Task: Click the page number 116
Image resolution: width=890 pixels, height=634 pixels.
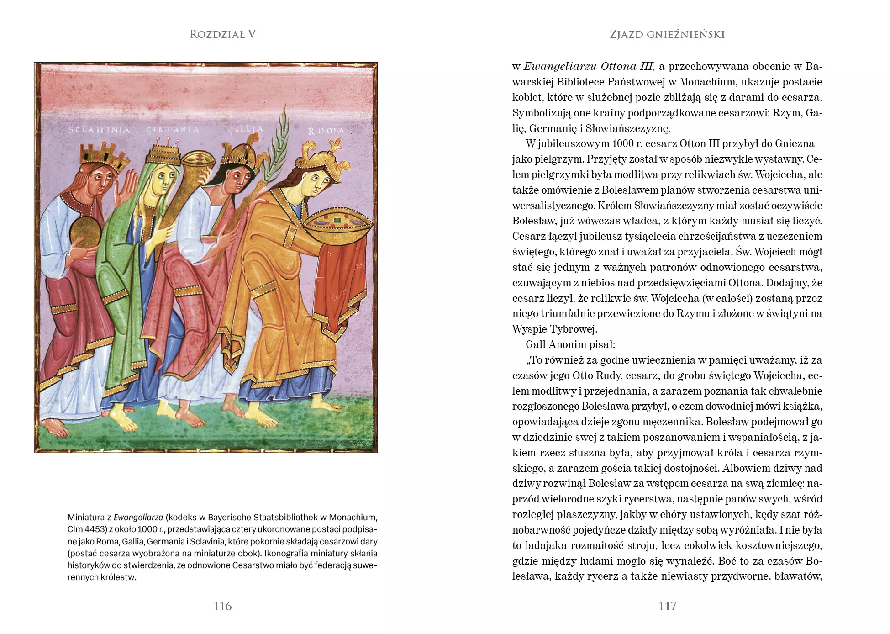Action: (x=222, y=606)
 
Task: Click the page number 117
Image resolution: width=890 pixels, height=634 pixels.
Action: (x=667, y=606)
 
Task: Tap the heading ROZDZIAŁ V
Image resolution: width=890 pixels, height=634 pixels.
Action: (x=222, y=34)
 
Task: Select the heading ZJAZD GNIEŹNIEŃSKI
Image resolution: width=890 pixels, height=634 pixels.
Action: (x=667, y=34)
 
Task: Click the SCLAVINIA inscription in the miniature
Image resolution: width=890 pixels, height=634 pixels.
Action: (x=99, y=130)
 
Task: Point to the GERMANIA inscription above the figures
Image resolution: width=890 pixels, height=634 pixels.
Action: (x=172, y=130)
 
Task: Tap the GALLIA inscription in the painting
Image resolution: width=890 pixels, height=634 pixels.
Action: (x=245, y=129)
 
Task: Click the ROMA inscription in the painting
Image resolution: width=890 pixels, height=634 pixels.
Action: (x=326, y=131)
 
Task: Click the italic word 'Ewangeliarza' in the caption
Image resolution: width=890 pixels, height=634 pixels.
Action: (x=138, y=518)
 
